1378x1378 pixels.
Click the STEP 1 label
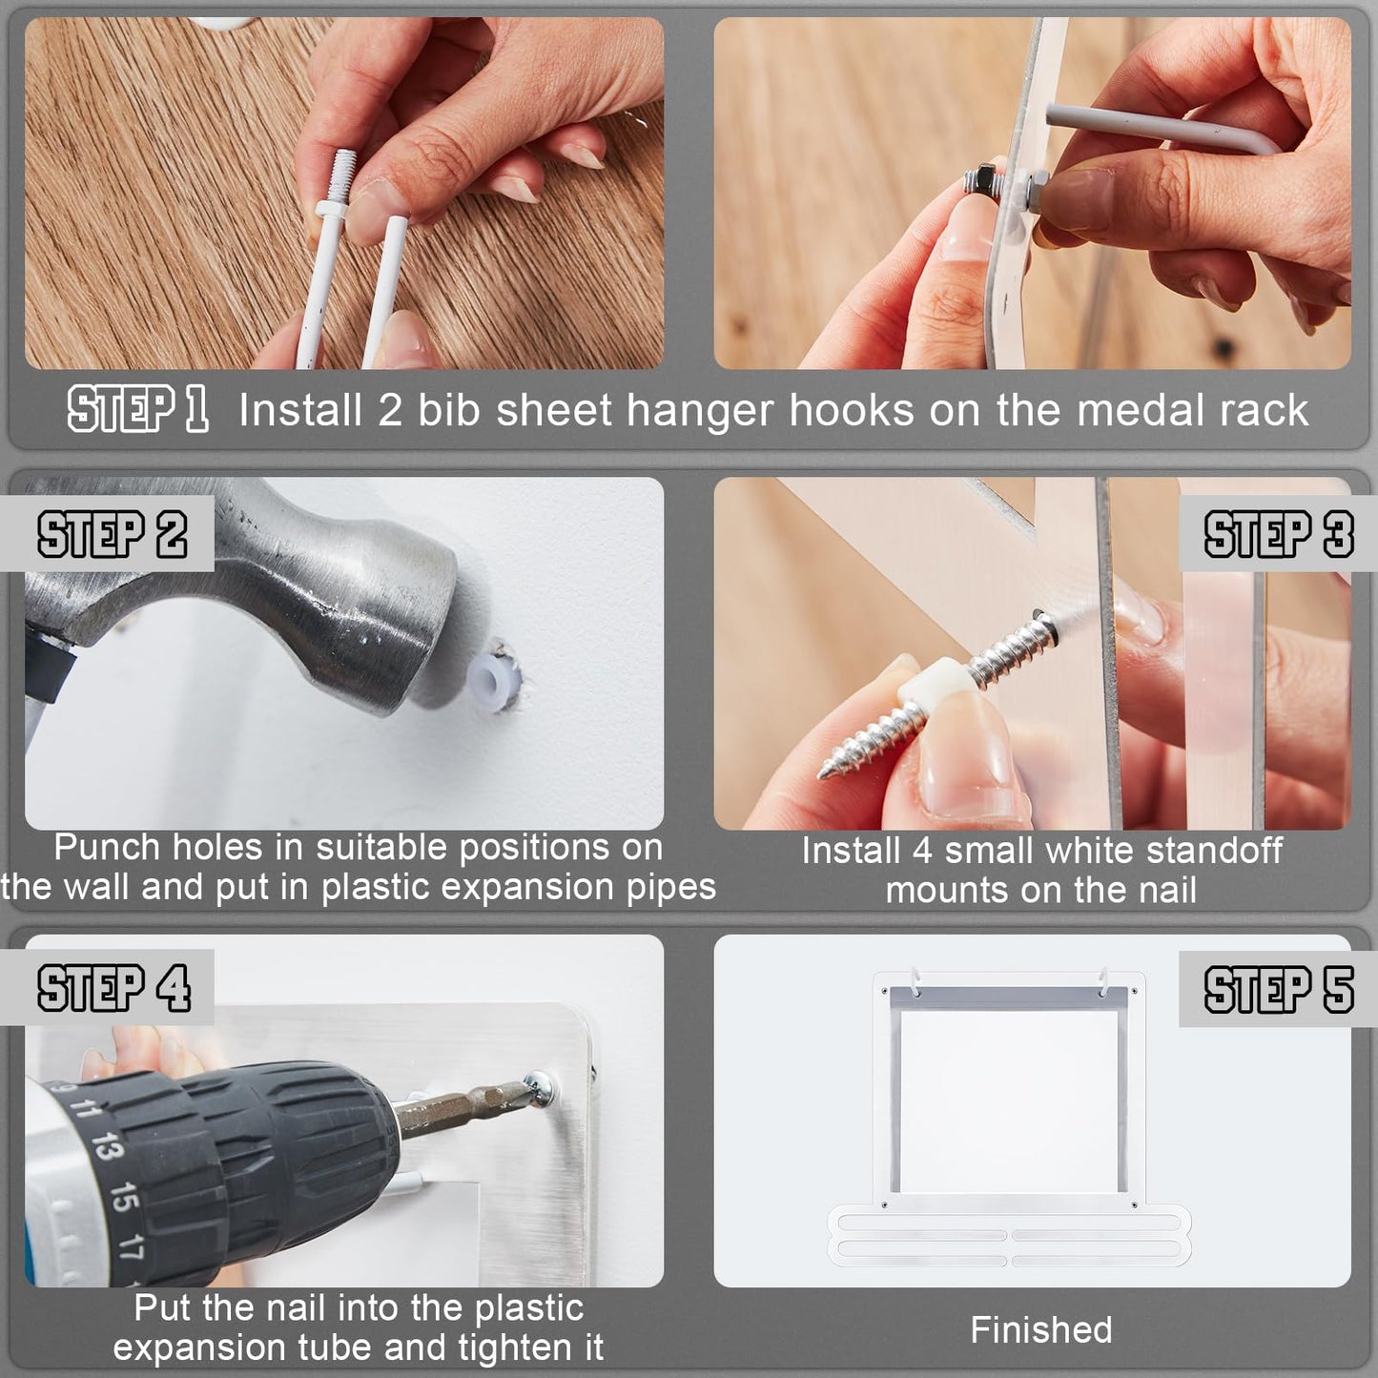pyautogui.click(x=138, y=408)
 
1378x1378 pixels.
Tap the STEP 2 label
pyautogui.click(x=113, y=534)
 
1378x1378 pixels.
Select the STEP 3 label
pyautogui.click(x=1279, y=534)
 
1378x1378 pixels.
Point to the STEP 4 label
pyautogui.click(x=114, y=988)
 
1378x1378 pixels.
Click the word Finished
pyautogui.click(x=1041, y=1330)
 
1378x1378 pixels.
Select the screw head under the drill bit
pyautogui.click(x=539, y=1088)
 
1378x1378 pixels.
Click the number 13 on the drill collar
pyautogui.click(x=107, y=1145)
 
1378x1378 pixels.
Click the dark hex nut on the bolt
pyautogui.click(x=979, y=180)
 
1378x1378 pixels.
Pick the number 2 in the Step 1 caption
pyautogui.click(x=390, y=410)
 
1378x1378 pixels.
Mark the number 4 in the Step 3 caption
pyautogui.click(x=922, y=851)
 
